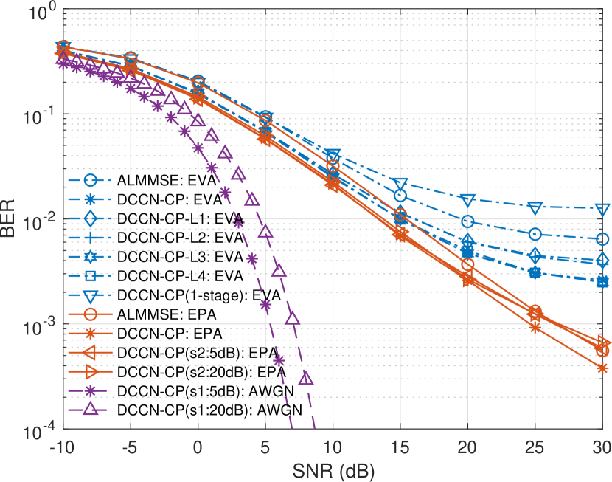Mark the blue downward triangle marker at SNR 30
tap(602, 209)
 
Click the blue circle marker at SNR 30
tap(602, 239)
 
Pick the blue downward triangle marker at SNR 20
tap(467, 200)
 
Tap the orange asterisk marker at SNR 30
tap(602, 368)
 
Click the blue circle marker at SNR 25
tap(535, 234)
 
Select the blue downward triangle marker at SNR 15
tap(400, 183)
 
